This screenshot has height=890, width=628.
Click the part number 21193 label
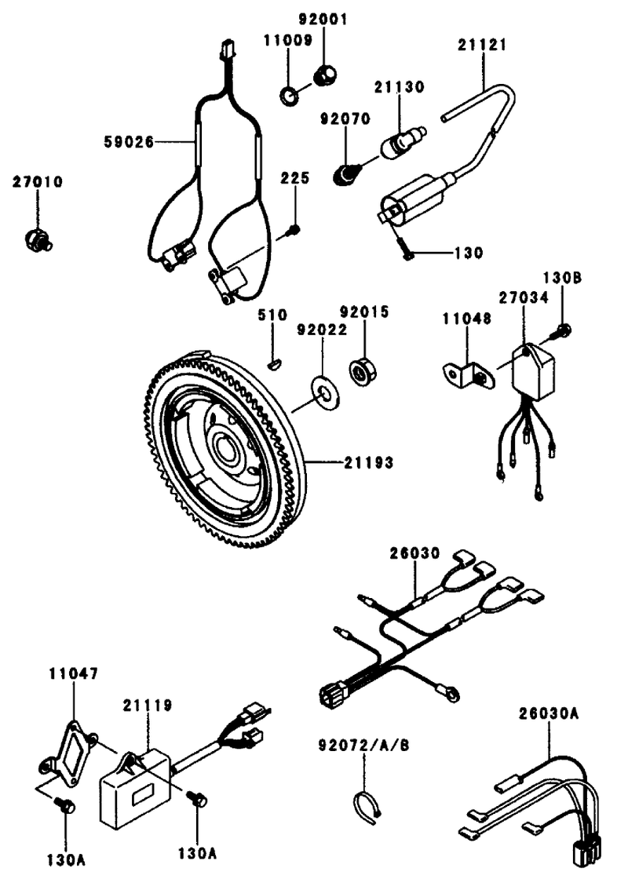pyautogui.click(x=368, y=462)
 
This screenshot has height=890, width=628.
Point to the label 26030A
pyautogui.click(x=549, y=713)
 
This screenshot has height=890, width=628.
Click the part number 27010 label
pyautogui.click(x=38, y=182)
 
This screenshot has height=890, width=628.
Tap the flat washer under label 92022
pyautogui.click(x=325, y=392)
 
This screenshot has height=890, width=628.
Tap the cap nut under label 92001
pyautogui.click(x=325, y=75)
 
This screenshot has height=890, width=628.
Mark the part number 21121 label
pyautogui.click(x=483, y=45)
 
